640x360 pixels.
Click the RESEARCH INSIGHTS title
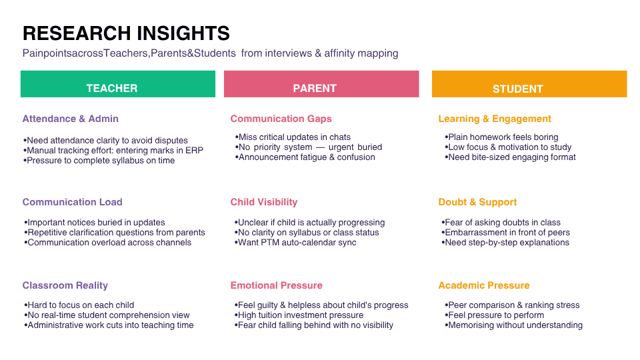(126, 33)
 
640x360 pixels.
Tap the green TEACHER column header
(118, 84)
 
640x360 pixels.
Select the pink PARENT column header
(321, 84)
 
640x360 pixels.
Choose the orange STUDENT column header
(529, 84)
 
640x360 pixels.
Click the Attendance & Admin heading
(70, 119)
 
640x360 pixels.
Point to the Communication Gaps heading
(281, 119)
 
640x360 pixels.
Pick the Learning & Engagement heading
(495, 119)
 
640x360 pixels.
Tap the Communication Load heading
(72, 202)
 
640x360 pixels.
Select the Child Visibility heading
(264, 202)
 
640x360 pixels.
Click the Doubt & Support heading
(477, 202)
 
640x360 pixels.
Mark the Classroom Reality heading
(65, 285)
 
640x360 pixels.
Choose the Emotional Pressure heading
(276, 285)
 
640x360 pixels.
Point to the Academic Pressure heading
(484, 285)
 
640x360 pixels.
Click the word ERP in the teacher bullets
(194, 151)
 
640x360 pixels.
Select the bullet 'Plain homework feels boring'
(501, 137)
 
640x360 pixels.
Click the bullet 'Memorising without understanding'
(513, 325)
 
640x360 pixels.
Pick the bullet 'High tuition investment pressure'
(299, 315)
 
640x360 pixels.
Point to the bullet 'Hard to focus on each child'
(79, 305)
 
